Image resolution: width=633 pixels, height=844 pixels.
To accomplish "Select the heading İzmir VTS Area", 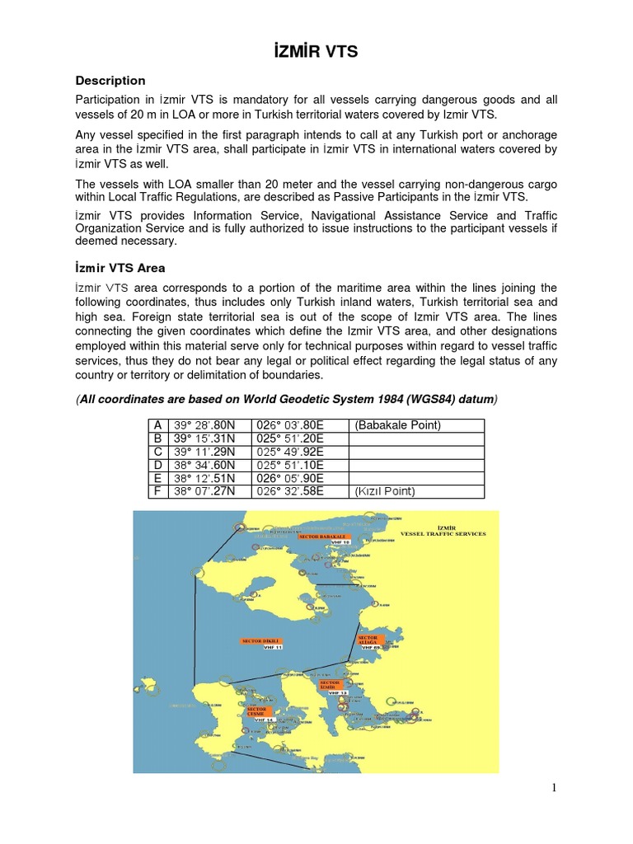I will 120,268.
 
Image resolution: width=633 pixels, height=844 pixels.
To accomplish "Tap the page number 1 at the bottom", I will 555,788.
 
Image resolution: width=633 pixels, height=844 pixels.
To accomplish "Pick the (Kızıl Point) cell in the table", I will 385,491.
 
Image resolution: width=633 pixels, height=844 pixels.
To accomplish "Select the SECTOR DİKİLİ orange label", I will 262,640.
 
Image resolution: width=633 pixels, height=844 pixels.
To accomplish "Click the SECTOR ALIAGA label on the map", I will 368,640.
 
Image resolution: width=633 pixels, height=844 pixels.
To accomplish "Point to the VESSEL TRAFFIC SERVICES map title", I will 443,533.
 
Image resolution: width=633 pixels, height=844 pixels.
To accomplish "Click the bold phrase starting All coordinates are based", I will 287,400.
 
